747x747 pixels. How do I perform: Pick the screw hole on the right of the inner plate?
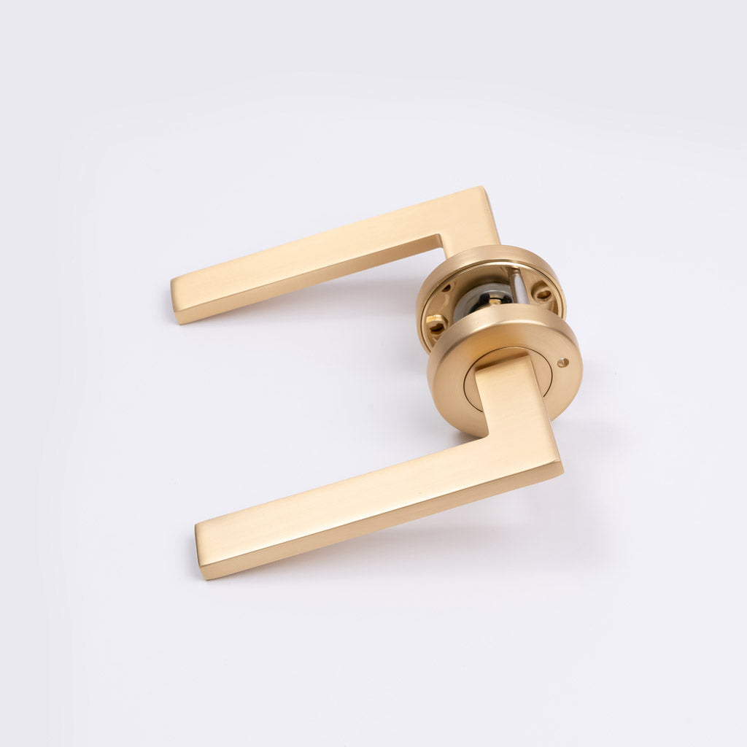[x=543, y=294]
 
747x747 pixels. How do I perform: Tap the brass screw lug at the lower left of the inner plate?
[x=435, y=321]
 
